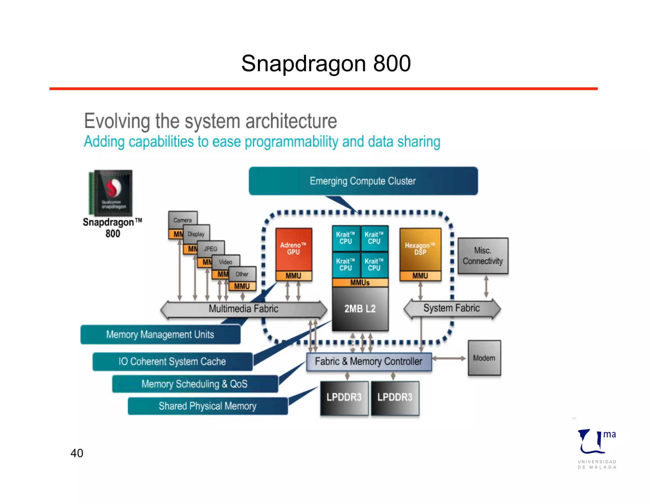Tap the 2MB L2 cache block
pyautogui.click(x=360, y=309)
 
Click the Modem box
pyautogui.click(x=484, y=358)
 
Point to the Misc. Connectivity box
pyautogui.click(x=483, y=256)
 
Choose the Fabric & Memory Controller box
pyautogui.click(x=369, y=362)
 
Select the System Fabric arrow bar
pyautogui.click(x=452, y=308)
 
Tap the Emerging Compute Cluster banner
pyautogui.click(x=363, y=181)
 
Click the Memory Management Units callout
pyautogui.click(x=160, y=334)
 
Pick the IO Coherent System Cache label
pyautogui.click(x=172, y=362)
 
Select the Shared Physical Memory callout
pyautogui.click(x=208, y=406)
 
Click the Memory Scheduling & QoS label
pyautogui.click(x=195, y=384)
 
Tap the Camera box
pyautogui.click(x=182, y=220)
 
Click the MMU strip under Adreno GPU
pyautogui.click(x=294, y=276)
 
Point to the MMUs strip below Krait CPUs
pyautogui.click(x=360, y=283)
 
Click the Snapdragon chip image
pyautogui.click(x=110, y=193)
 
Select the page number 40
pyautogui.click(x=77, y=453)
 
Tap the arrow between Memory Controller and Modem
pyautogui.click(x=449, y=358)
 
